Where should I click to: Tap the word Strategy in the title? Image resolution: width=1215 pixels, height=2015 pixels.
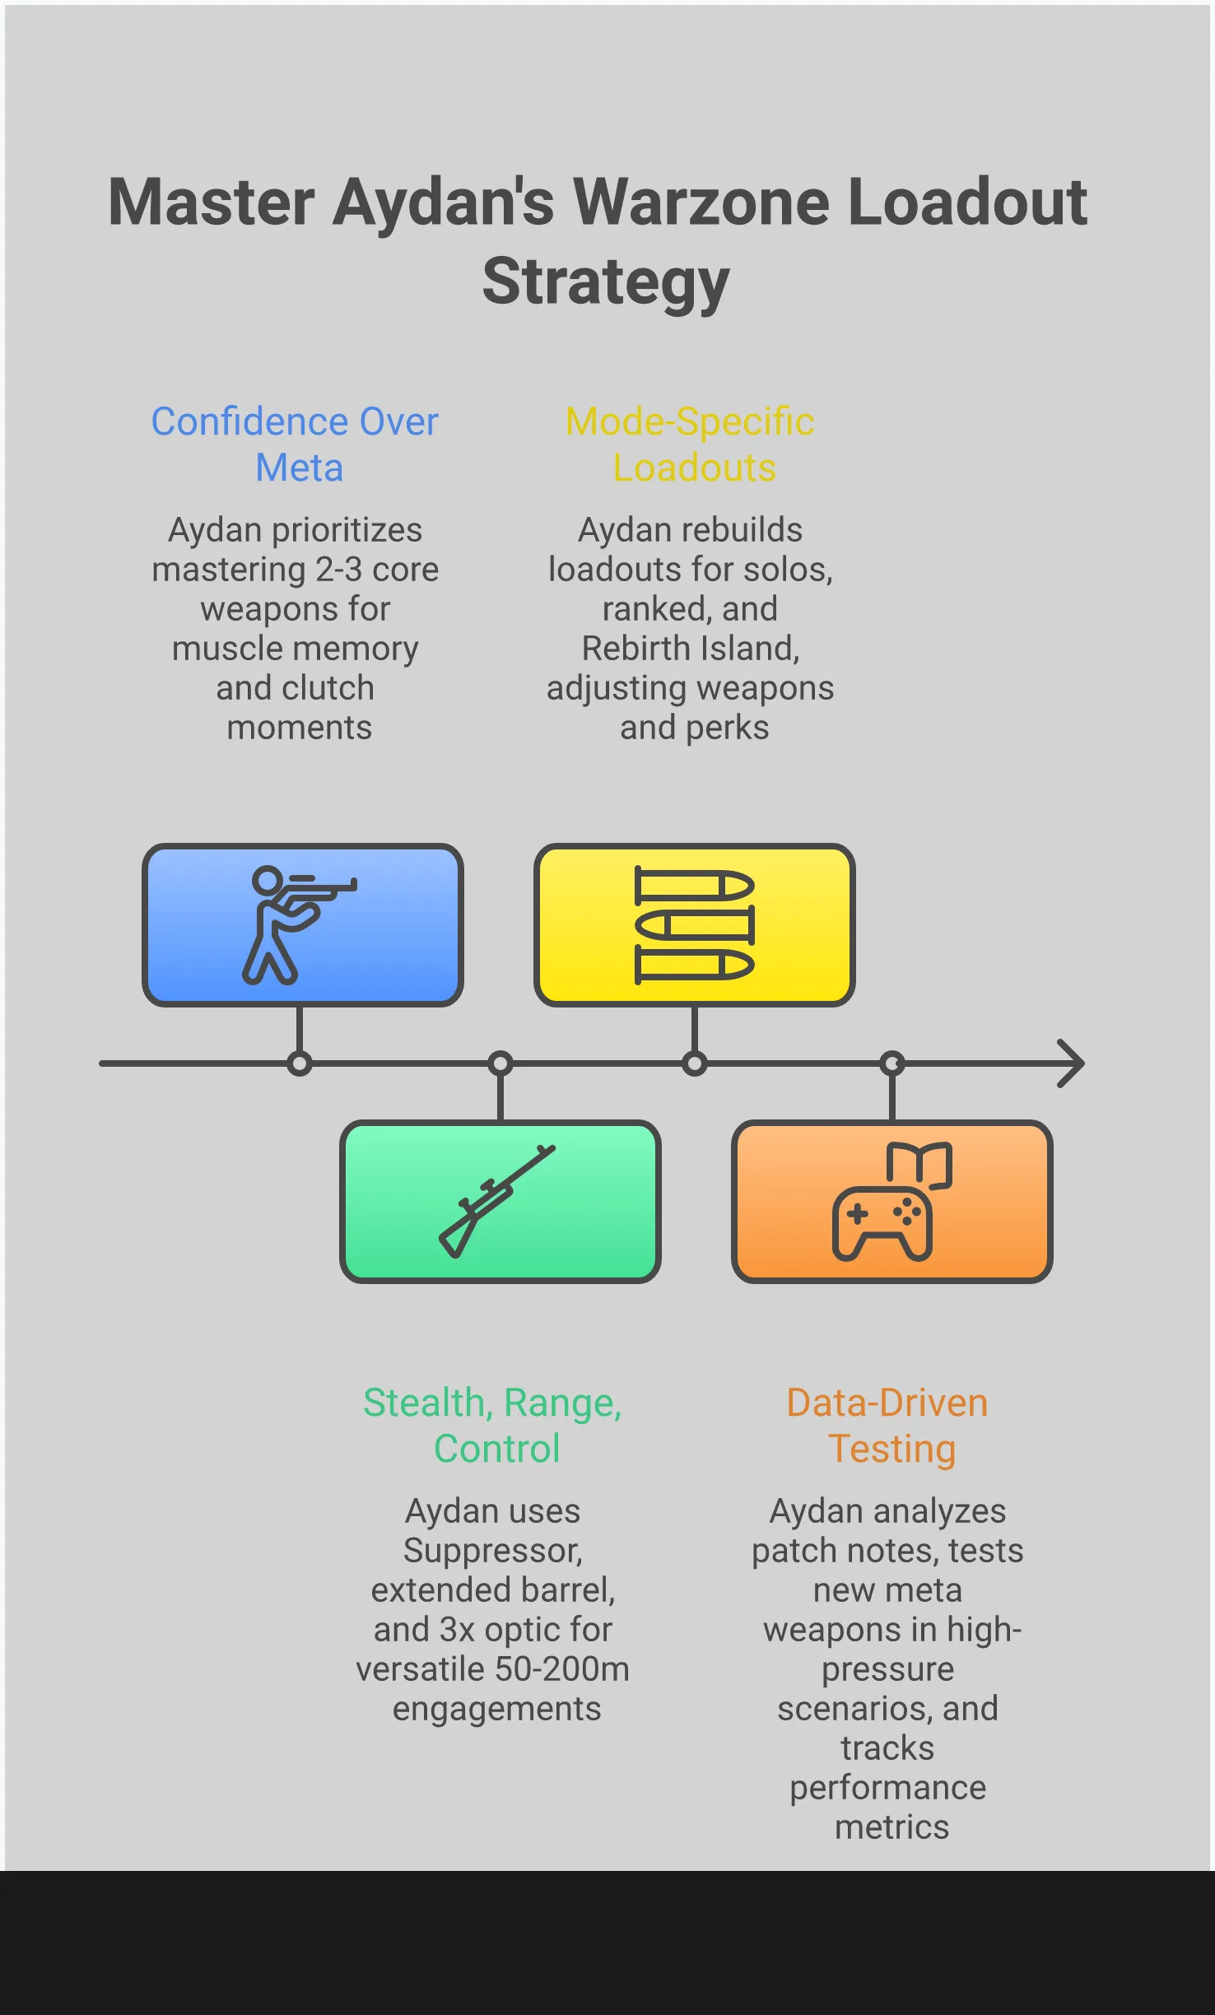click(606, 282)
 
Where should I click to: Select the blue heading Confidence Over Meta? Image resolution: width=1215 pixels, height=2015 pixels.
click(295, 444)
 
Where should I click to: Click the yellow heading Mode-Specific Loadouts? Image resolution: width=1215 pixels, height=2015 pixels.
click(690, 444)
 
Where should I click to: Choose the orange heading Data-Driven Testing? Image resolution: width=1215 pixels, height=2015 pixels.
click(888, 1426)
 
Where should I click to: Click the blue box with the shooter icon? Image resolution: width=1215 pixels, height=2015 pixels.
click(302, 924)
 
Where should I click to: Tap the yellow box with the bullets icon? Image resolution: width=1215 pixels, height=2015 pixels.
click(694, 924)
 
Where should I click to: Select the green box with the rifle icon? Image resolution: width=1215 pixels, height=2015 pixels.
click(500, 1201)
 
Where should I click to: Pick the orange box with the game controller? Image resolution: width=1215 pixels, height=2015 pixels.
click(891, 1201)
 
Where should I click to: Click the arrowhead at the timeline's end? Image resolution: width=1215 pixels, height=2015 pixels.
click(1072, 1063)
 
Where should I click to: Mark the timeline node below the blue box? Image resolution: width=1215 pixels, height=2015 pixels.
click(300, 1063)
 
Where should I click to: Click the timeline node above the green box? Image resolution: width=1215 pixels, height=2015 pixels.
click(500, 1063)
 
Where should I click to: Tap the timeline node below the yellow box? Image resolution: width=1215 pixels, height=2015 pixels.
click(695, 1063)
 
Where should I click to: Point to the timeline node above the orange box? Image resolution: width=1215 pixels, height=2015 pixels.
click(892, 1063)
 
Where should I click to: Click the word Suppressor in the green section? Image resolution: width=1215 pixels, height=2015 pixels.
click(492, 1551)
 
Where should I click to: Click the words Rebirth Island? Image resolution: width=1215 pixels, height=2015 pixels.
click(690, 649)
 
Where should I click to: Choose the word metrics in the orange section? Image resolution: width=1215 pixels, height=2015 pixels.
click(891, 1827)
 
